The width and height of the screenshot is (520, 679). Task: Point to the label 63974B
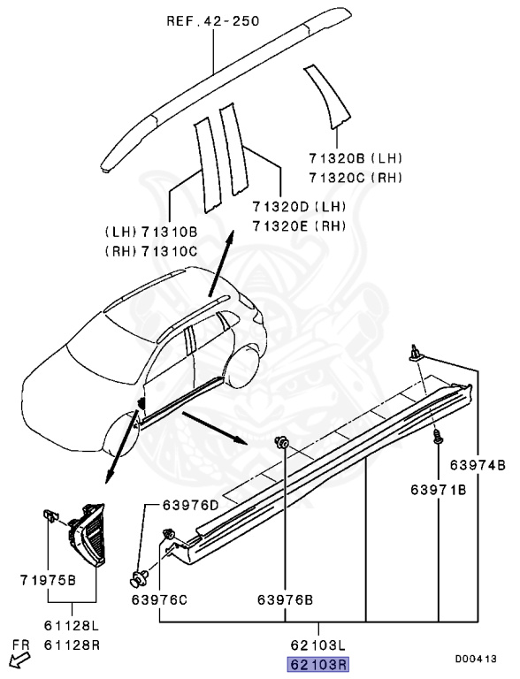[477, 464]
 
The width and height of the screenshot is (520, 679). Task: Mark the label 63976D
[191, 505]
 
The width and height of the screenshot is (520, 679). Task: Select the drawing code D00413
[478, 659]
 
